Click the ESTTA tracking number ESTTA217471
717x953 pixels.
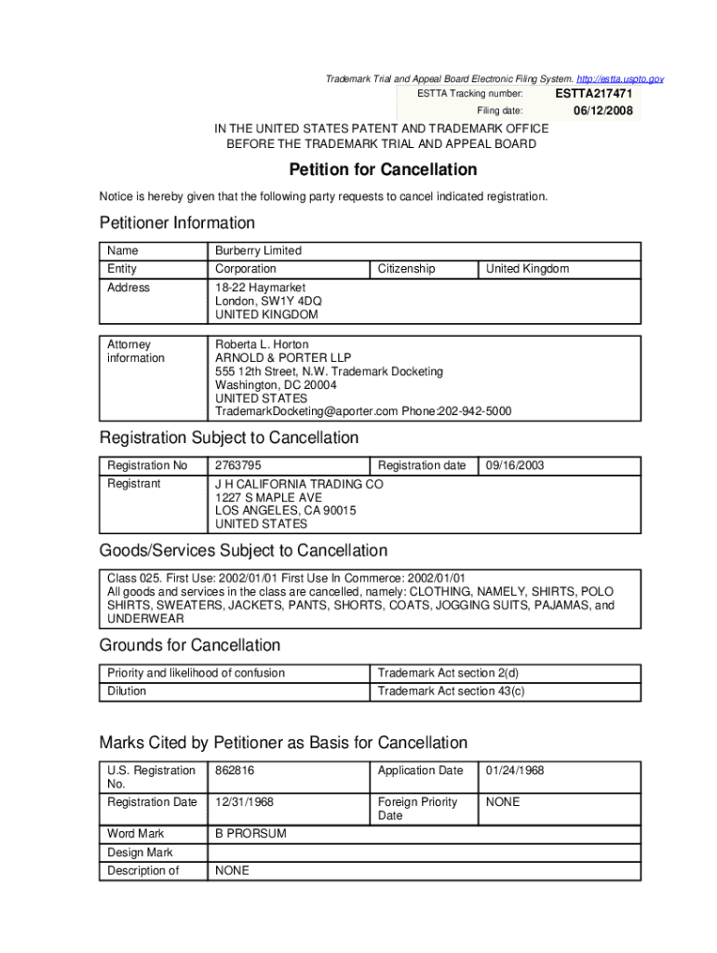coord(594,94)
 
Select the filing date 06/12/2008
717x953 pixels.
coord(602,111)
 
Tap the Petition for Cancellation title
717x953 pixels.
coord(383,169)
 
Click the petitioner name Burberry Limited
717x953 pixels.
coord(259,250)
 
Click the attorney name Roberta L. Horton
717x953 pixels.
coord(262,344)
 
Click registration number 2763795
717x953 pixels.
coord(238,465)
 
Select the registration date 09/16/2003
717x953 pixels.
coord(515,465)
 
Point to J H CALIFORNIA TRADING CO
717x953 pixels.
coord(299,484)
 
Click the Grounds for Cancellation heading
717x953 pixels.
coord(190,645)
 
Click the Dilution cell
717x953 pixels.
coord(127,691)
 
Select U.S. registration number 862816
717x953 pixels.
coord(235,771)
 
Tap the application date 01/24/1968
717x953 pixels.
coord(515,771)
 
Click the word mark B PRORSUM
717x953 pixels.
coord(250,834)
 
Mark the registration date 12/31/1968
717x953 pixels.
coord(244,802)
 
